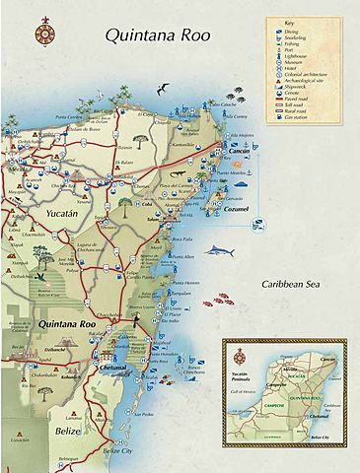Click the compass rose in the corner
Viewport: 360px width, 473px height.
tap(42, 33)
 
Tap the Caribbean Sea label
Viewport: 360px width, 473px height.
tap(293, 284)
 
